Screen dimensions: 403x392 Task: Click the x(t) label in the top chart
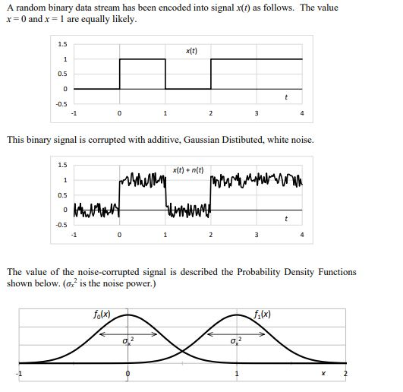point(190,50)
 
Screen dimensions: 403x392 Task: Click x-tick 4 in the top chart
point(302,115)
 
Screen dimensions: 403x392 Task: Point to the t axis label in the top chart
point(285,96)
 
